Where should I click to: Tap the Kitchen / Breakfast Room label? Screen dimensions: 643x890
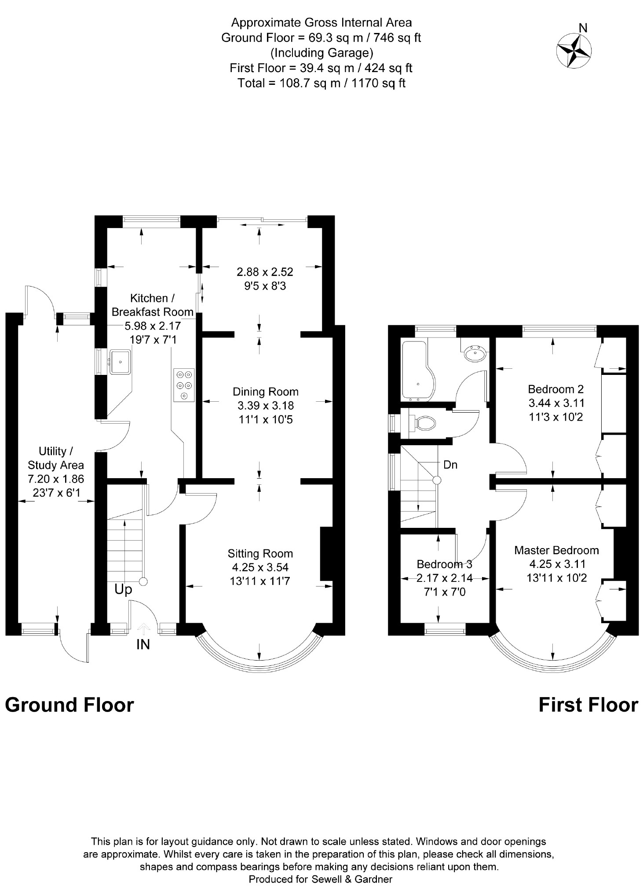point(152,305)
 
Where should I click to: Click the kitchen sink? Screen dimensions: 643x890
point(120,361)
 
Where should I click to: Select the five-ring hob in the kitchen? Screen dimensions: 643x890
point(184,385)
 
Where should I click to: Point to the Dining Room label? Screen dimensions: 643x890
point(265,392)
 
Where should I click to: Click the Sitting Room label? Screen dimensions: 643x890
point(260,553)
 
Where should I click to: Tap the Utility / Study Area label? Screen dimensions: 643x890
point(55,458)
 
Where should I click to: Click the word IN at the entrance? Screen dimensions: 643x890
point(143,645)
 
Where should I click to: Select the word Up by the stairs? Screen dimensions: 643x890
point(123,589)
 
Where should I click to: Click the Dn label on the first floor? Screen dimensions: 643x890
point(450,465)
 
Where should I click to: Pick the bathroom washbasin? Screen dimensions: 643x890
point(475,352)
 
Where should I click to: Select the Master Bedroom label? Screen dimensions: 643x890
point(556,550)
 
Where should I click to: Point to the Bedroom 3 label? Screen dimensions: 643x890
point(444,564)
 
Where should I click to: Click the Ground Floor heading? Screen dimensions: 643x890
point(69,705)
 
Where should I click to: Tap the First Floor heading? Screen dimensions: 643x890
point(588,705)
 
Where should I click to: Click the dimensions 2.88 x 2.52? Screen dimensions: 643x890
point(265,272)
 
